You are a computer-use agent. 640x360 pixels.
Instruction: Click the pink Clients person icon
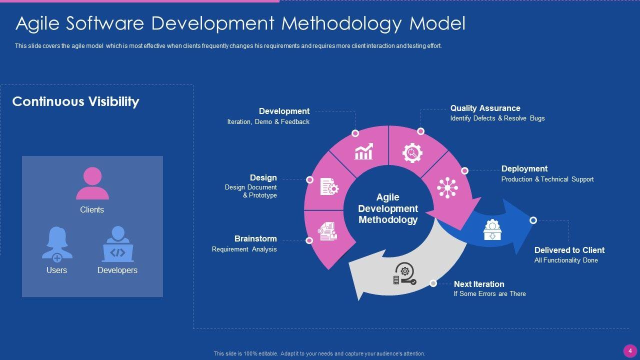click(92, 183)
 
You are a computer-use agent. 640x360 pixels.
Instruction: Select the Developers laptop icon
click(117, 244)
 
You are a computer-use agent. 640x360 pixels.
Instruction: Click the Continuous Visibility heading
click(75, 101)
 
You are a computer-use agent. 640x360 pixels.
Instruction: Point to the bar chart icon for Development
click(363, 151)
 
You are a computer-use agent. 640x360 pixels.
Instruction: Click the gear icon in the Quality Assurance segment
click(412, 152)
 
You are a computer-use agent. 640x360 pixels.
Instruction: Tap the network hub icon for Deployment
click(447, 187)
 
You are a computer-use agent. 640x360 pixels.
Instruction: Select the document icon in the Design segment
click(329, 187)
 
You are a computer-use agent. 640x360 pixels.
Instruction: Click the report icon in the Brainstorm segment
click(327, 230)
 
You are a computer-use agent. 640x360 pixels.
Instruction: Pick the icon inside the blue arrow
click(492, 230)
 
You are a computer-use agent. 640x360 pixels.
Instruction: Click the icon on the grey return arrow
click(404, 273)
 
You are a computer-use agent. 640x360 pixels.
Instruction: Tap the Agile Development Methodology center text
click(388, 208)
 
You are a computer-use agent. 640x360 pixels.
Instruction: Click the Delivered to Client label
click(569, 250)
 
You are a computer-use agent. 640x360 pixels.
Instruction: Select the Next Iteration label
click(479, 284)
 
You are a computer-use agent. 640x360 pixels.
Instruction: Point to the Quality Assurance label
click(485, 108)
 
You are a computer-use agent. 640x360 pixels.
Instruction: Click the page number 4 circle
click(630, 350)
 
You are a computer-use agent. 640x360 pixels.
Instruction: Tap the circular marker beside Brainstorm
click(309, 240)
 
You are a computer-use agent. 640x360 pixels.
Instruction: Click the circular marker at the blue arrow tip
click(533, 220)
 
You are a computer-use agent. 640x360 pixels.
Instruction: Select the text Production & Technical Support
click(547, 179)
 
